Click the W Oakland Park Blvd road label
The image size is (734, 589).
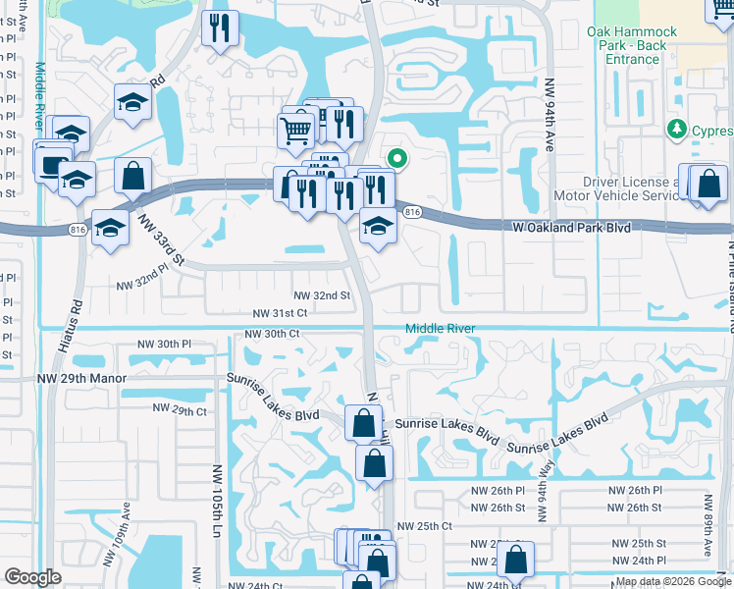(571, 228)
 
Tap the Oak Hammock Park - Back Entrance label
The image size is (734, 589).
(626, 45)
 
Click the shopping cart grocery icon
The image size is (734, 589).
(295, 129)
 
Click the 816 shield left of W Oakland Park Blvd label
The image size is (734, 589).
(412, 212)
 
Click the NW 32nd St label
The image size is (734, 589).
(322, 295)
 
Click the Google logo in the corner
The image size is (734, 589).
(32, 577)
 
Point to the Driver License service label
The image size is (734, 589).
(629, 188)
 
